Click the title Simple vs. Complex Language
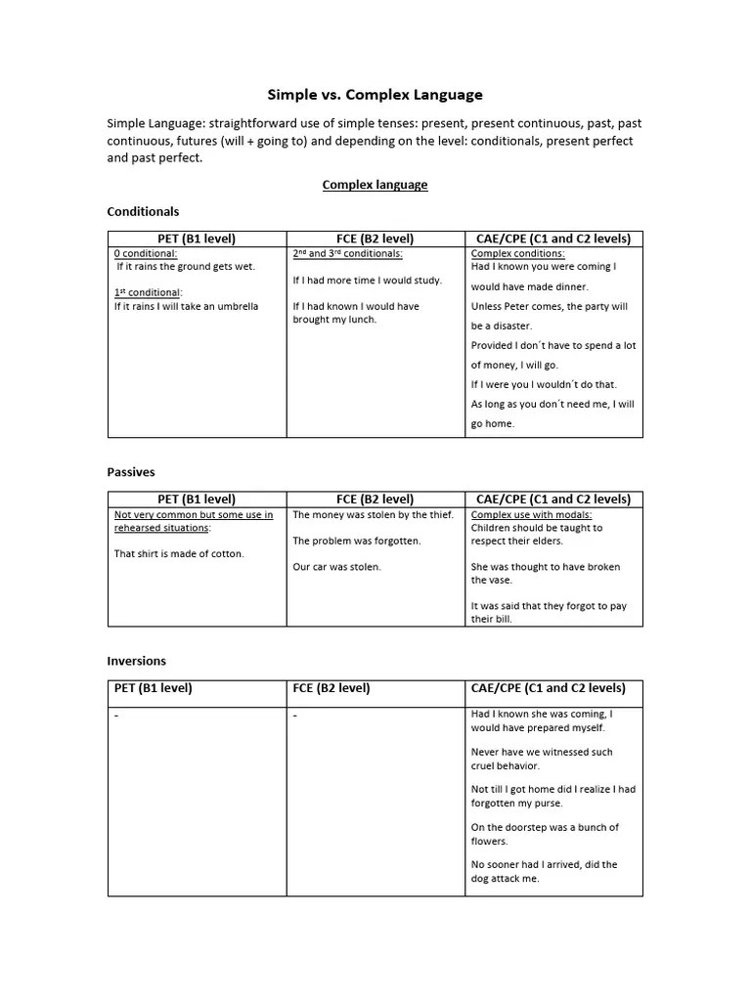point(375,95)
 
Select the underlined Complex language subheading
point(375,185)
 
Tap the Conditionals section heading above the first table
point(143,211)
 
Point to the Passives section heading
point(131,472)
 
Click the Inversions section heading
point(137,661)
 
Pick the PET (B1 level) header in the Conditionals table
point(197,239)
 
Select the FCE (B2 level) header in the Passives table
point(375,499)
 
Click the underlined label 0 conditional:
point(146,253)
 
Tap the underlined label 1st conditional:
point(149,292)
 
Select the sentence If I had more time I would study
point(367,280)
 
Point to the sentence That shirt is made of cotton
point(179,553)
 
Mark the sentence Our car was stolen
point(336,567)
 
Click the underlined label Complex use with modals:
point(531,514)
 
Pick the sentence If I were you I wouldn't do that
point(544,384)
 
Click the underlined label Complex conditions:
point(517,253)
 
